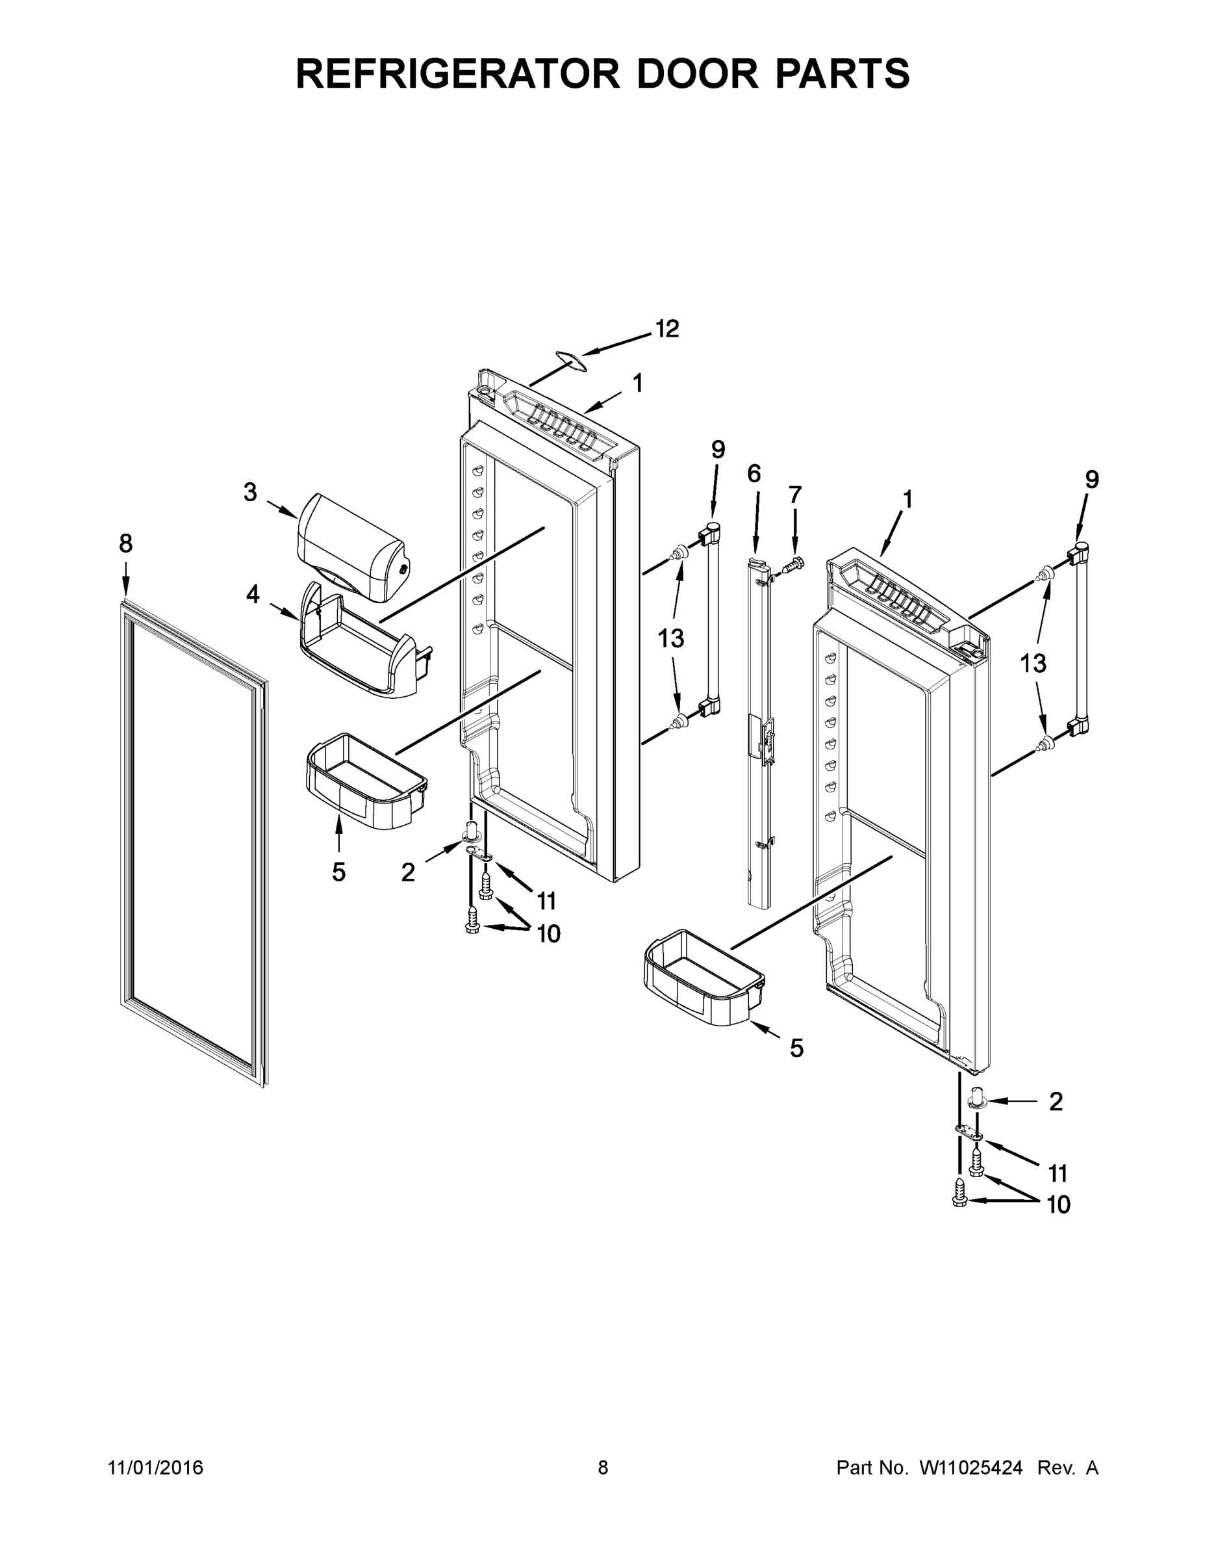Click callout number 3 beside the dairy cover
coord(250,492)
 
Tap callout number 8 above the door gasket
coord(125,543)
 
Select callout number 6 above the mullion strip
coord(754,474)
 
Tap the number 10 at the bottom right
coord(1058,1205)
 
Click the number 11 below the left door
coord(546,902)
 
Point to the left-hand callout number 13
coord(671,638)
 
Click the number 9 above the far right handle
coord(1091,480)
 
